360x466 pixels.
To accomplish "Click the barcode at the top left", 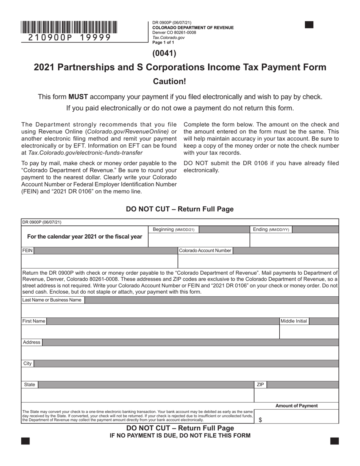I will [x=69, y=27].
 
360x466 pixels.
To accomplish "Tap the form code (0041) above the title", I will [x=164, y=53].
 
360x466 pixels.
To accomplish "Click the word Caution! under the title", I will [x=169, y=81].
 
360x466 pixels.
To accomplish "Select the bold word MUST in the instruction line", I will [x=78, y=97].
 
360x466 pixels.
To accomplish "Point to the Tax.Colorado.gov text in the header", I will [x=168, y=38].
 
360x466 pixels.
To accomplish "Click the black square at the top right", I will [x=309, y=25].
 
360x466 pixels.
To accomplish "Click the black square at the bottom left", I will [x=25, y=441].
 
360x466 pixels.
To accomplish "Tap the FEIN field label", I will [x=28, y=250].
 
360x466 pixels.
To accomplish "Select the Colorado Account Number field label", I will [x=205, y=250].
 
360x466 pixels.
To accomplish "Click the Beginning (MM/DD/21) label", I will [x=174, y=230].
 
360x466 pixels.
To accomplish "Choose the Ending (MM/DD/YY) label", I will [x=271, y=230].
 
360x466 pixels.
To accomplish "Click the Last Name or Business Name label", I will [x=52, y=300].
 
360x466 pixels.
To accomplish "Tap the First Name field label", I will [x=34, y=321].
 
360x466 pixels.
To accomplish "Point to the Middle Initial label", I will [x=294, y=321].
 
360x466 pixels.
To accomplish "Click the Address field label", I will [x=31, y=342].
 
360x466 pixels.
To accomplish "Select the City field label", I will [x=28, y=364].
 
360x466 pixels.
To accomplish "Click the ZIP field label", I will [x=260, y=385].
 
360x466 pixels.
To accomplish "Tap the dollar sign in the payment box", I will [x=260, y=420].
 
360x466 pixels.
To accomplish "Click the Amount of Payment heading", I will [x=296, y=406].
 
